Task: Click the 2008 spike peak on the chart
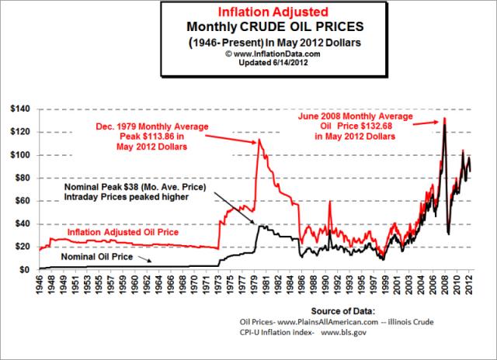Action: [444, 118]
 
